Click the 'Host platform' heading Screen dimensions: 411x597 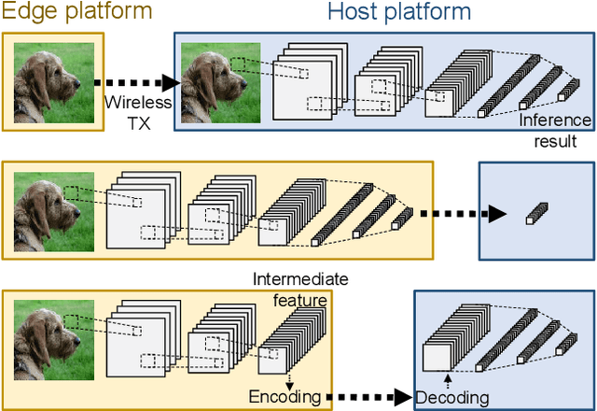[398, 13]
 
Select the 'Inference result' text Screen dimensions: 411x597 [556, 130]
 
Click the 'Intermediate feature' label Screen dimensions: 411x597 [300, 289]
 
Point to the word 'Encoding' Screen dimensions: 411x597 [285, 398]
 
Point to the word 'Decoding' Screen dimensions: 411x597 [451, 398]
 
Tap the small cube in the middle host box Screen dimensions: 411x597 [532, 216]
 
